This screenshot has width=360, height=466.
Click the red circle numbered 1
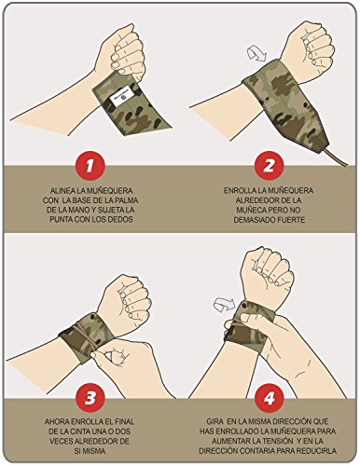90,167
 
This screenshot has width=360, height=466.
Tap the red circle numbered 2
269,167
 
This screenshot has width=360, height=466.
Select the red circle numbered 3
90,398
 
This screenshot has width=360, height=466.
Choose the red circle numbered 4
269,398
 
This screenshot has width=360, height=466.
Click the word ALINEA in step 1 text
62,190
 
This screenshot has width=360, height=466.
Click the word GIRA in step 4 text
215,422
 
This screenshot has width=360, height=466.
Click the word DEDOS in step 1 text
121,219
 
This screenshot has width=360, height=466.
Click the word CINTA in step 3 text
80,432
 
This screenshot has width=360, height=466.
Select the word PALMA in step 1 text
127,200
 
